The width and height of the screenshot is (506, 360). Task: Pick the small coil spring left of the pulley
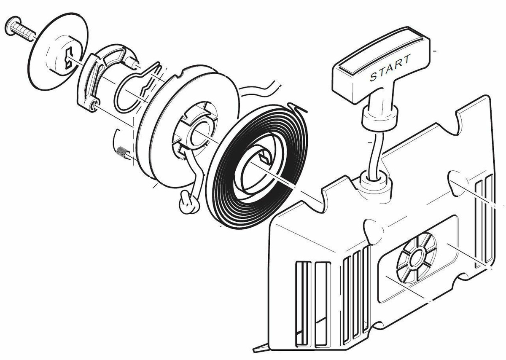pyautogui.click(x=121, y=152)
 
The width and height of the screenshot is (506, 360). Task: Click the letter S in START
pyautogui.click(x=373, y=77)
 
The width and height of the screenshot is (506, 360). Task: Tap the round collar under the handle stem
pyautogui.click(x=379, y=116)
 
